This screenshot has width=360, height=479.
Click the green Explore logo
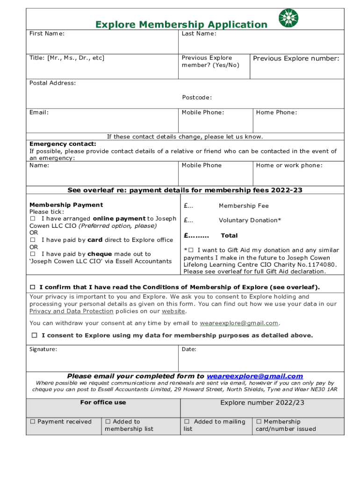click(288, 18)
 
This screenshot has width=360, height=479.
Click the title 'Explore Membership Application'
click(181, 25)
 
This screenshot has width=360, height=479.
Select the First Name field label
click(47, 34)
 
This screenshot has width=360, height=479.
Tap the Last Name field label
click(199, 34)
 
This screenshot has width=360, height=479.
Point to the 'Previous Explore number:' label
click(296, 58)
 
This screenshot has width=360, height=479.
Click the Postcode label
click(197, 98)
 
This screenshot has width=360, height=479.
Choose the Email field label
click(39, 112)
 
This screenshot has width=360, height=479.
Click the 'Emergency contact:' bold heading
click(63, 144)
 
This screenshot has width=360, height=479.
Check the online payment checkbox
click(33, 219)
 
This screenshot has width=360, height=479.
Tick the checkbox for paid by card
click(33, 240)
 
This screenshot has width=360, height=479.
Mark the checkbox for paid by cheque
click(33, 254)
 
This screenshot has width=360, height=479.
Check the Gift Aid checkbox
click(191, 250)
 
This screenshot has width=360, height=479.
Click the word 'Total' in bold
click(229, 236)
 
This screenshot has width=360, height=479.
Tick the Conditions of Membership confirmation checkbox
click(33, 287)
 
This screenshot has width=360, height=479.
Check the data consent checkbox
click(35, 335)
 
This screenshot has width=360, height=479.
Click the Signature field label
click(43, 349)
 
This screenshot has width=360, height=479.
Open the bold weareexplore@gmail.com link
click(255, 376)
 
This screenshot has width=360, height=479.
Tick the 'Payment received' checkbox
click(33, 422)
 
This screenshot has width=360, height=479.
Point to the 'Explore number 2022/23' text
click(262, 403)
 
